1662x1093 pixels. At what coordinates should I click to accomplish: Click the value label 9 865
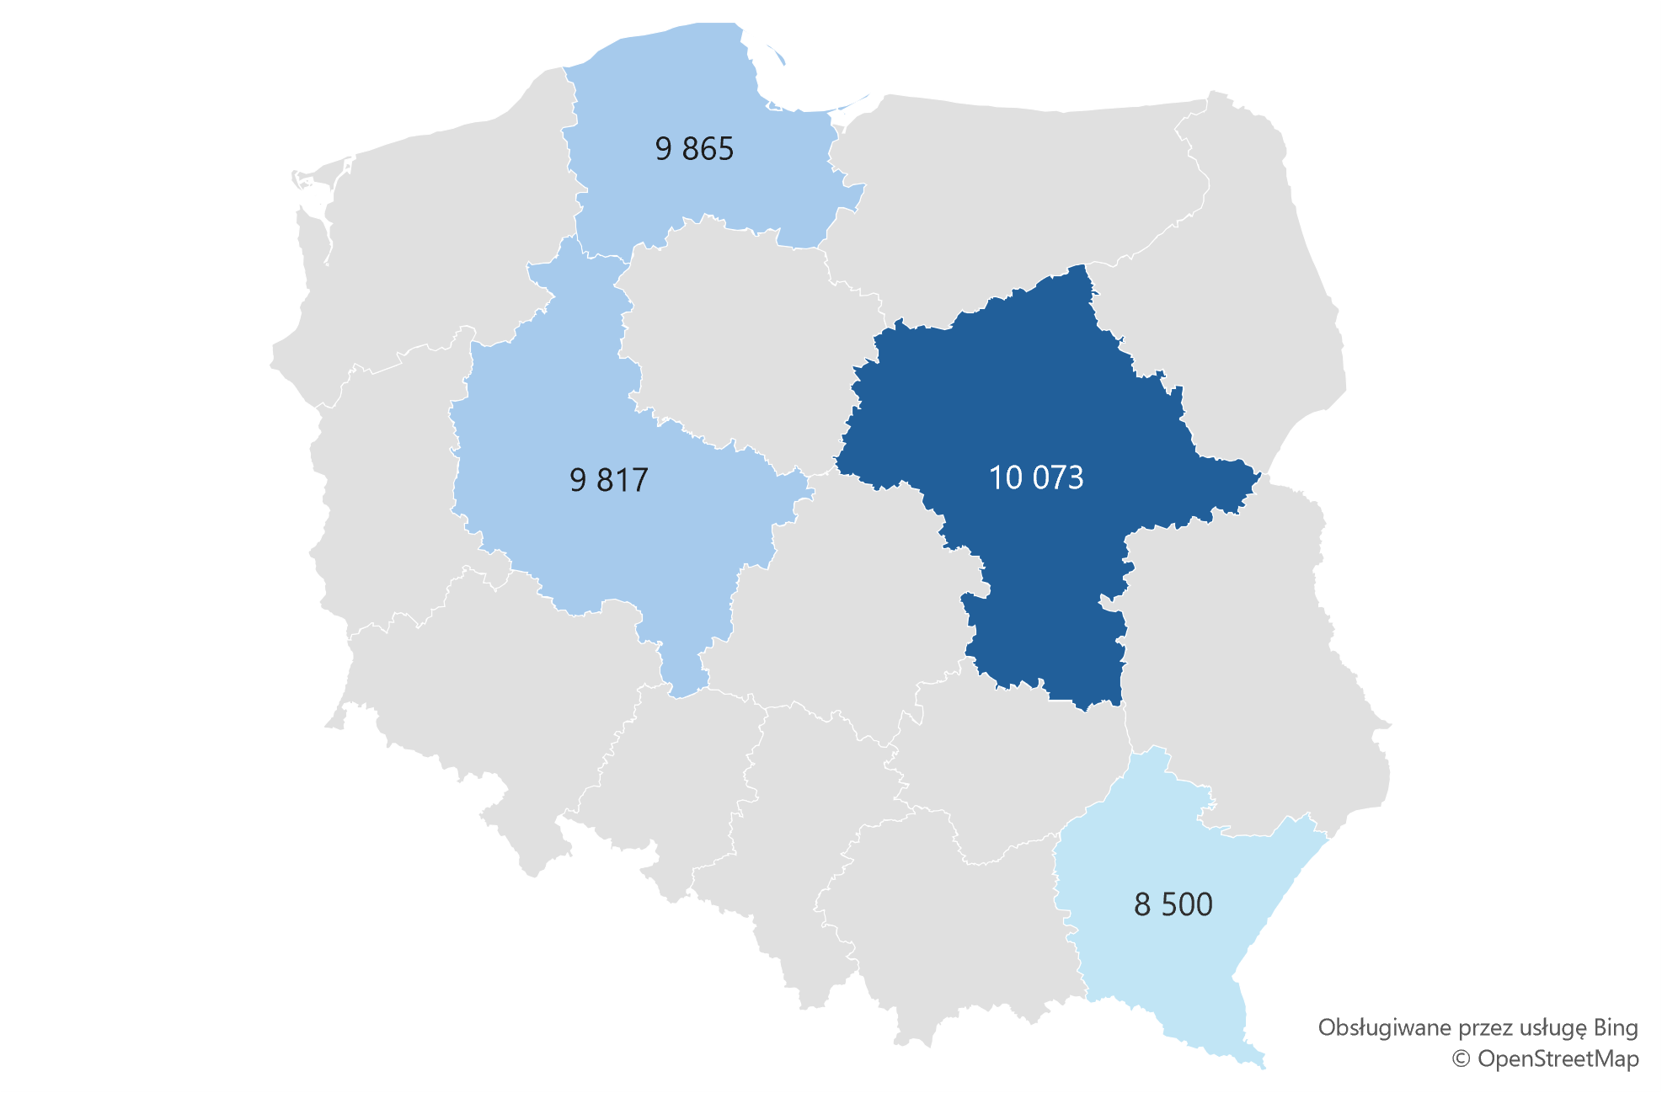694,149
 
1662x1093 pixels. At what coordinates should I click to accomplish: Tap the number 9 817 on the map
609,480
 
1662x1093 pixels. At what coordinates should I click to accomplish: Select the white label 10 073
1036,477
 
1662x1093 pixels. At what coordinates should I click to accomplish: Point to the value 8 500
1173,904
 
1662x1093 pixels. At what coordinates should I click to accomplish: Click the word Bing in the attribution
1616,1028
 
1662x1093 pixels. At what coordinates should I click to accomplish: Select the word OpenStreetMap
1558,1058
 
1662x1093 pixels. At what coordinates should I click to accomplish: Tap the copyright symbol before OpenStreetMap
1462,1058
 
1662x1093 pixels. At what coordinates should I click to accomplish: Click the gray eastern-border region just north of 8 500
1247,674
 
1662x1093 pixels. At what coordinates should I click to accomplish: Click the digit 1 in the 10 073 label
995,477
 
